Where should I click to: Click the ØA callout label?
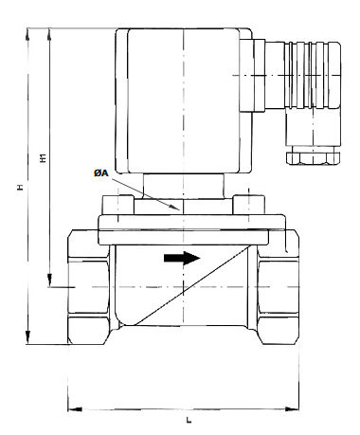click(101, 173)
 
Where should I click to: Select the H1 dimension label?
click(44, 157)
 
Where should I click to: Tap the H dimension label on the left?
click(20, 187)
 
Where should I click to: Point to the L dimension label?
click(189, 420)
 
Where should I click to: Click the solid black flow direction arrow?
click(182, 258)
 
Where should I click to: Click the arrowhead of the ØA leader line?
click(174, 207)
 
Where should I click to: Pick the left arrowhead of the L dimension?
click(75, 409)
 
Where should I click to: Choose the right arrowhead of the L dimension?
click(292, 409)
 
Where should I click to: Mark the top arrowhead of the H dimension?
click(27, 34)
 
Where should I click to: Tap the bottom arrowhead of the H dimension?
click(27, 337)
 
